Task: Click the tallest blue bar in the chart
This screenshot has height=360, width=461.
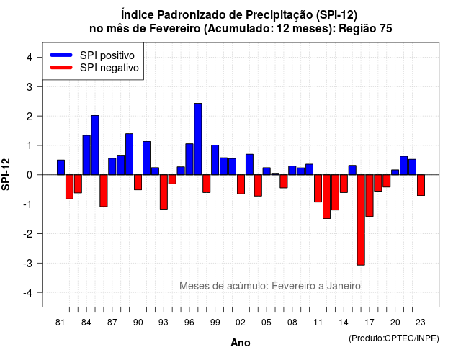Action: (x=198, y=139)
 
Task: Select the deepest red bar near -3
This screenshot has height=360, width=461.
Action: (x=361, y=220)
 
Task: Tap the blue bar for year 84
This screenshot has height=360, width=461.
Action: (x=86, y=155)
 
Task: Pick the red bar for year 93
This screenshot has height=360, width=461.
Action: (x=164, y=192)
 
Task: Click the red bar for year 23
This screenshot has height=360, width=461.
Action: (x=421, y=185)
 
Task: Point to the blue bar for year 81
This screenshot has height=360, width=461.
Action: (x=61, y=167)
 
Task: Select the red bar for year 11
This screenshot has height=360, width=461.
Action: (x=318, y=189)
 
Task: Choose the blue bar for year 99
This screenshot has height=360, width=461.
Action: (x=215, y=160)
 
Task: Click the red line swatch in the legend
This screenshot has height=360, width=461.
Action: (x=61, y=68)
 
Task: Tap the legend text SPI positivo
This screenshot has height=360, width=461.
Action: (x=107, y=55)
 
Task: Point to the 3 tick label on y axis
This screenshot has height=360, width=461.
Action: (x=30, y=86)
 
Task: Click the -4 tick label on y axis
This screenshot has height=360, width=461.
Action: (x=28, y=293)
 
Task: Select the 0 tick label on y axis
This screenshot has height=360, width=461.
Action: (x=30, y=175)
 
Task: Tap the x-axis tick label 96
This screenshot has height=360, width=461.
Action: (x=189, y=323)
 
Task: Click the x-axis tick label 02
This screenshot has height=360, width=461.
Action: (x=241, y=323)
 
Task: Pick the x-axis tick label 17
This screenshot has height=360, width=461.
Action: (x=370, y=323)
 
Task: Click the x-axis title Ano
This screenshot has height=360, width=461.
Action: (x=241, y=343)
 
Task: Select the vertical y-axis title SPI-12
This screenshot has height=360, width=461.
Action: (x=6, y=174)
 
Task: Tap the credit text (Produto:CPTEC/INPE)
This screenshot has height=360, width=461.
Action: (x=394, y=338)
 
